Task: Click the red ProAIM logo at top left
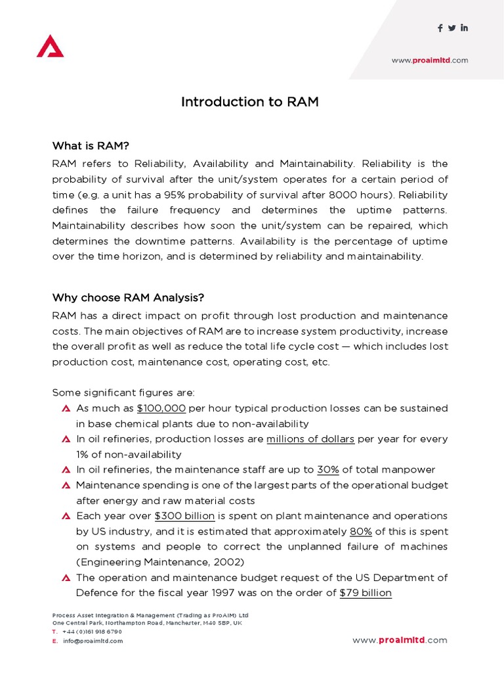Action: pos(50,46)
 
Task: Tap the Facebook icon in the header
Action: pos(440,28)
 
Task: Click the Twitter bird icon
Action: pos(451,28)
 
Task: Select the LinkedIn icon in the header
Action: pos(464,28)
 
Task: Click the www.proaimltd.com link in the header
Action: pos(430,60)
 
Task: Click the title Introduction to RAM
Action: pos(249,102)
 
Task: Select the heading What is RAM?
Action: pos(96,145)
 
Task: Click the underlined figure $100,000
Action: pos(161,408)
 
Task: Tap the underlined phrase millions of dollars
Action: pos(310,439)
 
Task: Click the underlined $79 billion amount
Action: pos(366,593)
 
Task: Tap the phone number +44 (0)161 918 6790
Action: pos(92,632)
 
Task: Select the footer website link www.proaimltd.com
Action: pos(400,640)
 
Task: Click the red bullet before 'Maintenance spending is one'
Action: pos(66,486)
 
